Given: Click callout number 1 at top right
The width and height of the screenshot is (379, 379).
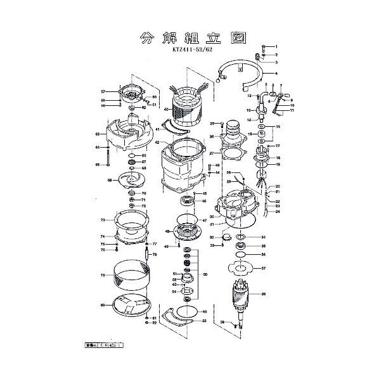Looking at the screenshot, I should click(276, 47).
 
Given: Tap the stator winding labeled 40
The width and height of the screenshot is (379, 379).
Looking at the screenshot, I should click(186, 105).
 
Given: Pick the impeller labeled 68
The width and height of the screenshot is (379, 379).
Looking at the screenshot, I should click(130, 181).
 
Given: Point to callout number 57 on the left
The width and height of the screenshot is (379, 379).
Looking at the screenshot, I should click(102, 91).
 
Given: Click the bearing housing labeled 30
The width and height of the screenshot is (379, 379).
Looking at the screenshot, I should click(238, 212).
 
